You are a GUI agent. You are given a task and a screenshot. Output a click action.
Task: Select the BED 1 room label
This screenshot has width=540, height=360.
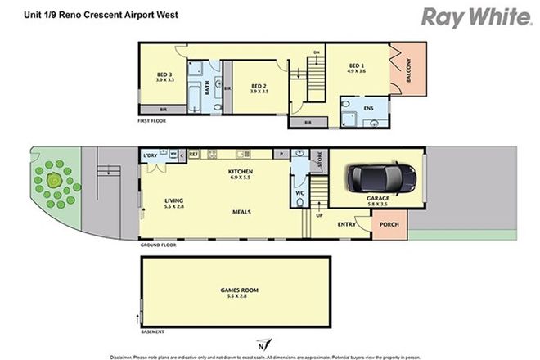coord(356,67)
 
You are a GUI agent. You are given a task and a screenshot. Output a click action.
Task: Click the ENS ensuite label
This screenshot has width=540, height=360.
coord(370,107)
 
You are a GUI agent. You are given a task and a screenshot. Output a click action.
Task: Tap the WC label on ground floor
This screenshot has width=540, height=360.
coord(300,194)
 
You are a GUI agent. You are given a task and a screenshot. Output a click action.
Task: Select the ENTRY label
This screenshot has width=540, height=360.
coord(346,223)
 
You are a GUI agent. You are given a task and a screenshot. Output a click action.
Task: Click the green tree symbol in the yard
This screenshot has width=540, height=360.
coord(55,180)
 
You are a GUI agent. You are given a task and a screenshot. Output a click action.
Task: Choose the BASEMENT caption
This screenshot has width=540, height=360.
coord(153,331)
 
